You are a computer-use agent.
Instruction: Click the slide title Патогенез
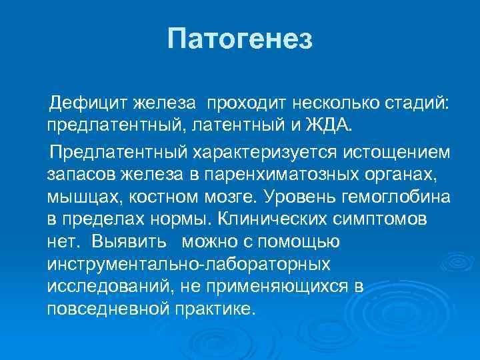tap(240, 39)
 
